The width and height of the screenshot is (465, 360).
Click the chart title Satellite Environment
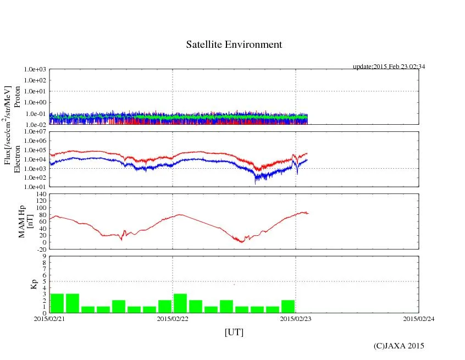tap(234, 45)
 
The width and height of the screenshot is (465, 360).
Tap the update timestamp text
tap(389, 67)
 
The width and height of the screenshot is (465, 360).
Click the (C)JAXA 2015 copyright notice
tap(398, 346)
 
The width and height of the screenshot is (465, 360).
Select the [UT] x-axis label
tap(234, 332)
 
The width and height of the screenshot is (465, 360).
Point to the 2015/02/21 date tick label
tap(49, 319)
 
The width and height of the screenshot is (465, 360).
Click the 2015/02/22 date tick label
tap(173, 319)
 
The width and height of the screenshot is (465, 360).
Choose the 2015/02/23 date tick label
tap(296, 319)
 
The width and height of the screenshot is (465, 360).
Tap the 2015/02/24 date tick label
tap(418, 319)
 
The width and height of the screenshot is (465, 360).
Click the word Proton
tap(17, 97)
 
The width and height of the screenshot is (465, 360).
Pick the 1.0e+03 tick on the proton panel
tap(36, 70)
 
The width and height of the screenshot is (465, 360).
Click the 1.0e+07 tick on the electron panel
tap(36, 132)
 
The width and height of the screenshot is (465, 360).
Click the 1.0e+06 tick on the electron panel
tap(36, 141)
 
